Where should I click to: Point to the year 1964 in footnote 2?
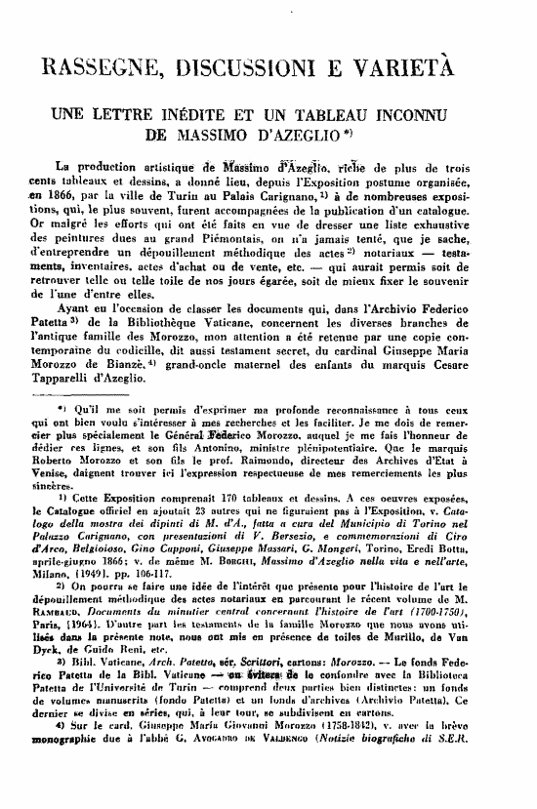click(x=75, y=663)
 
